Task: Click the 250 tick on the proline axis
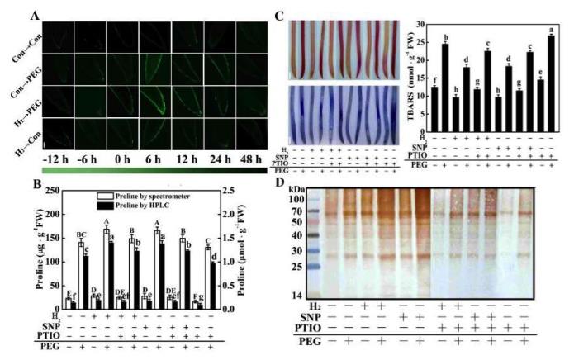pyautogui.click(x=54, y=191)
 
